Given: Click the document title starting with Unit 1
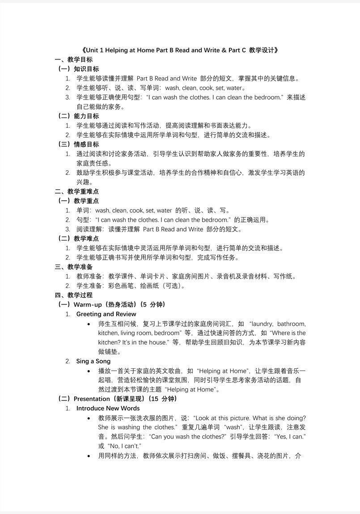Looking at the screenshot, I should click(x=180, y=50).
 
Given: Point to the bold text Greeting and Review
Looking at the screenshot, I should click(x=106, y=314).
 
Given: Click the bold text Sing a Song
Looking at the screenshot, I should click(x=93, y=361).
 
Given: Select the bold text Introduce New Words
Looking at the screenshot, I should click(x=108, y=408).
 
